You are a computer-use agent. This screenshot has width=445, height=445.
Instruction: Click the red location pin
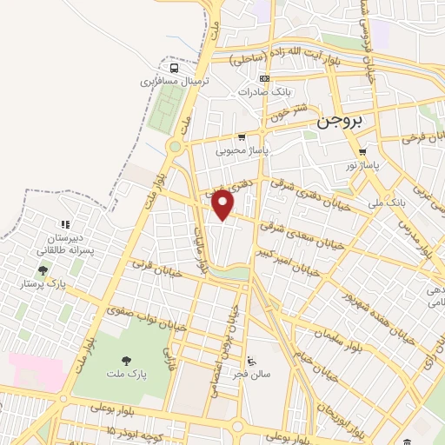tap(223, 204)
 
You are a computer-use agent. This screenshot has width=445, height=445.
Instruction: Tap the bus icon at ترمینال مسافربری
tap(175, 69)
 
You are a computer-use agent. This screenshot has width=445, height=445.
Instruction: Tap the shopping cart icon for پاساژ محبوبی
tap(241, 137)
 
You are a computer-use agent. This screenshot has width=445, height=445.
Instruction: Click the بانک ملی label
tap(386, 202)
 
